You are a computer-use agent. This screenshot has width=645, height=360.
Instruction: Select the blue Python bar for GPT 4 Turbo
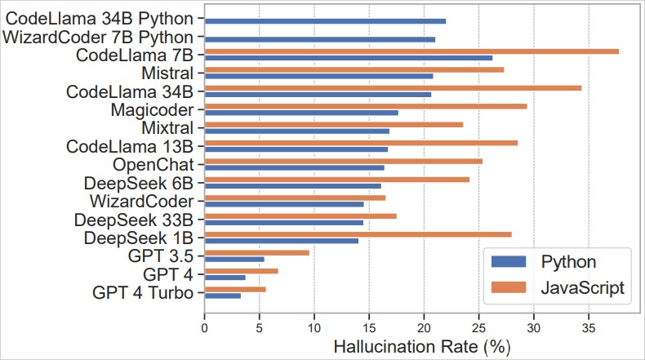click(x=223, y=296)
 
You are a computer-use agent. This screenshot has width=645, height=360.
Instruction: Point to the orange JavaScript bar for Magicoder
click(x=366, y=106)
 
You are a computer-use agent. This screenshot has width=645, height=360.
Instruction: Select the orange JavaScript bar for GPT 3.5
click(x=257, y=252)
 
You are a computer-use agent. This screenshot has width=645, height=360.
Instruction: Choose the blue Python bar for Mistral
click(x=318, y=76)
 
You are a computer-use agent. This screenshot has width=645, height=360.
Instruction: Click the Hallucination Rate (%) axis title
click(x=422, y=346)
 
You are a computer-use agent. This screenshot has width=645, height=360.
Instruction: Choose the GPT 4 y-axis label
click(x=168, y=273)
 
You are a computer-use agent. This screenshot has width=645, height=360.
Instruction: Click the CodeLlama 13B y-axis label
click(x=130, y=147)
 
